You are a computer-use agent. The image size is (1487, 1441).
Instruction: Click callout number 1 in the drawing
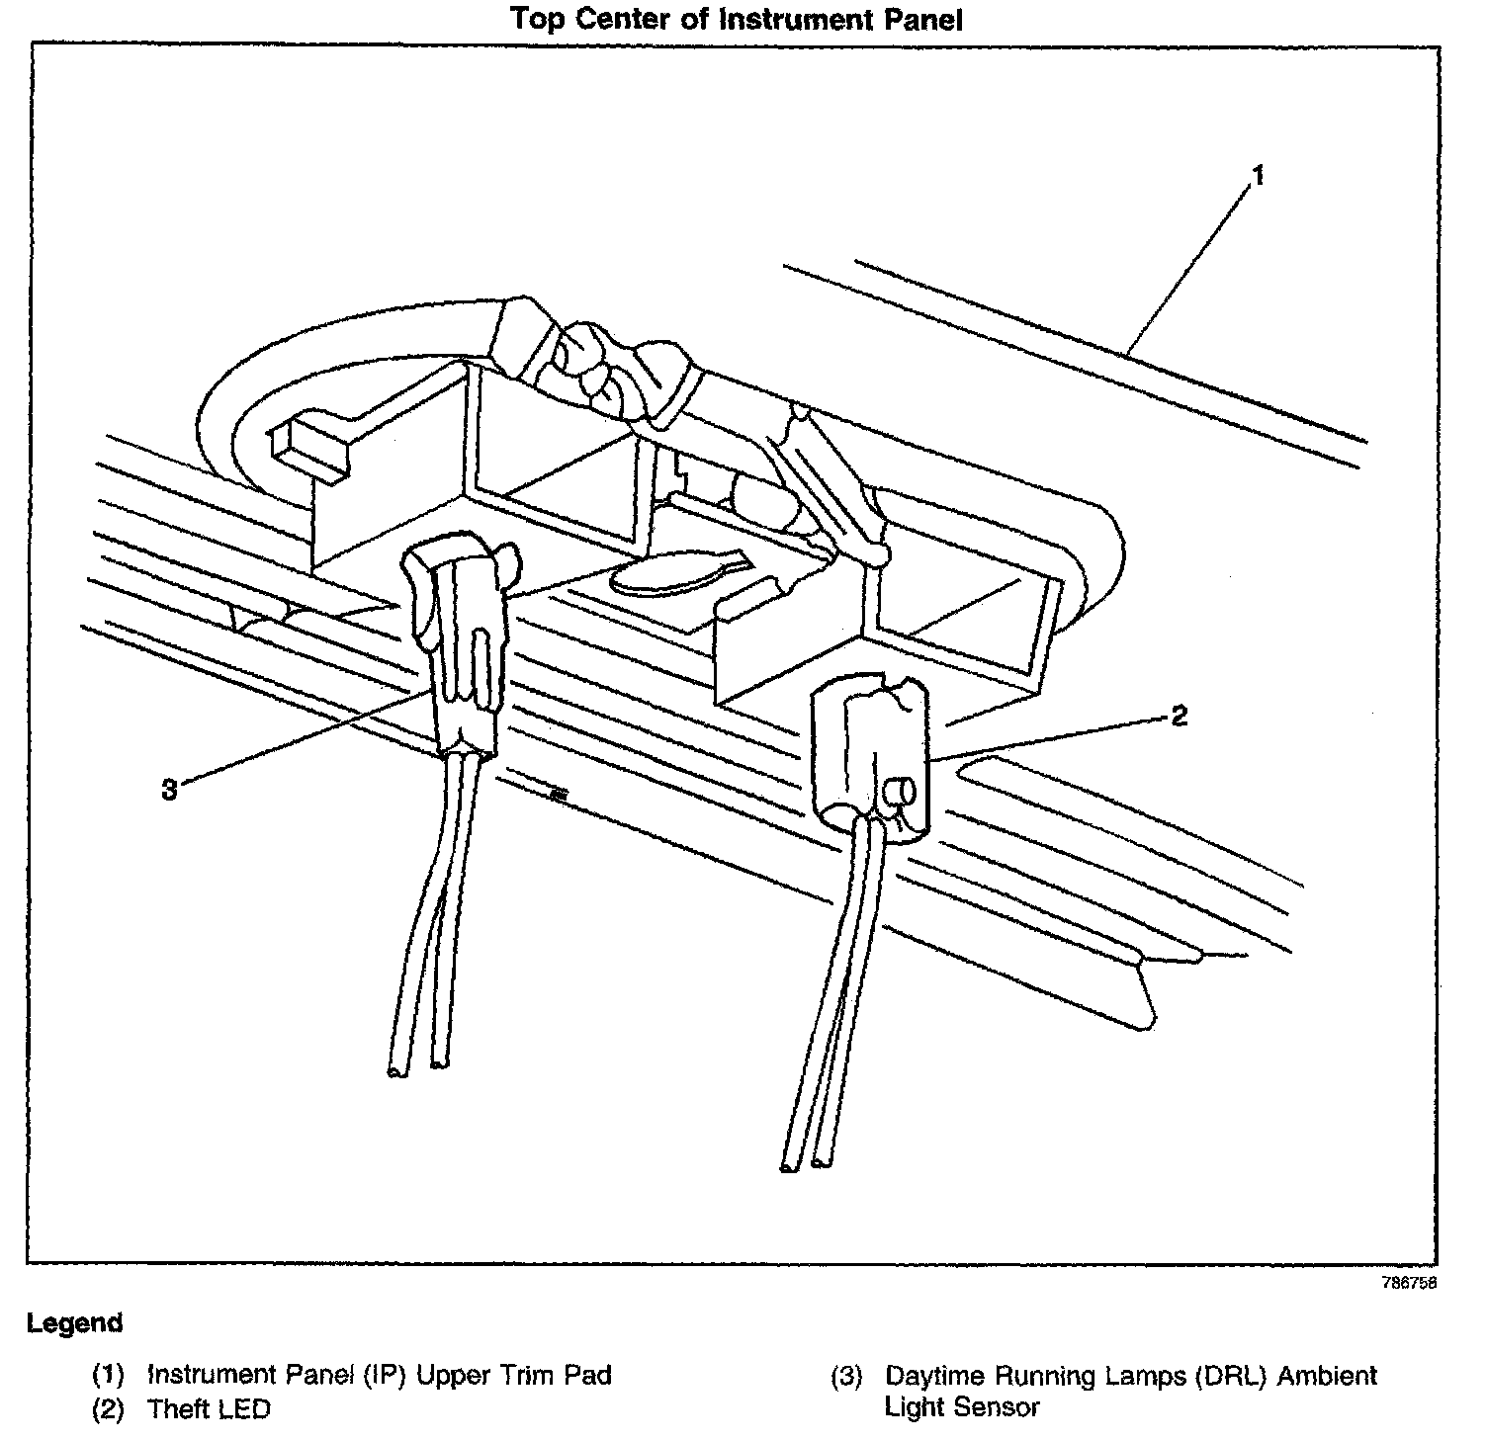(x=1258, y=177)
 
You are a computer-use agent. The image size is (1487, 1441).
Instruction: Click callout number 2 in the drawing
(x=1179, y=716)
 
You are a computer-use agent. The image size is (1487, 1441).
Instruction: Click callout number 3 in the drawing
(x=170, y=789)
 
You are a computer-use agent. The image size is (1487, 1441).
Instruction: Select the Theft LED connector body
(x=870, y=751)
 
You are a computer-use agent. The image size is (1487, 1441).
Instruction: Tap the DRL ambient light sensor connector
(x=458, y=652)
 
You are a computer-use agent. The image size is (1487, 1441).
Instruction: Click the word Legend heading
(x=75, y=1323)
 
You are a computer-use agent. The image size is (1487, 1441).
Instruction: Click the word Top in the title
(x=536, y=19)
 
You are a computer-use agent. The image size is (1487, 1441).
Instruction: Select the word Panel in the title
(x=918, y=19)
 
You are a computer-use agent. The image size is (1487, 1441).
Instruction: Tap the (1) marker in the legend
(x=108, y=1375)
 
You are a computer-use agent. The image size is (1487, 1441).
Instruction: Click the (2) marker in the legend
(x=108, y=1409)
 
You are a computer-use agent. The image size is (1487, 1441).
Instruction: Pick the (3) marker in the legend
(x=846, y=1376)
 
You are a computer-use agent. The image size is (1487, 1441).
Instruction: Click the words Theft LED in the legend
(x=209, y=1409)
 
